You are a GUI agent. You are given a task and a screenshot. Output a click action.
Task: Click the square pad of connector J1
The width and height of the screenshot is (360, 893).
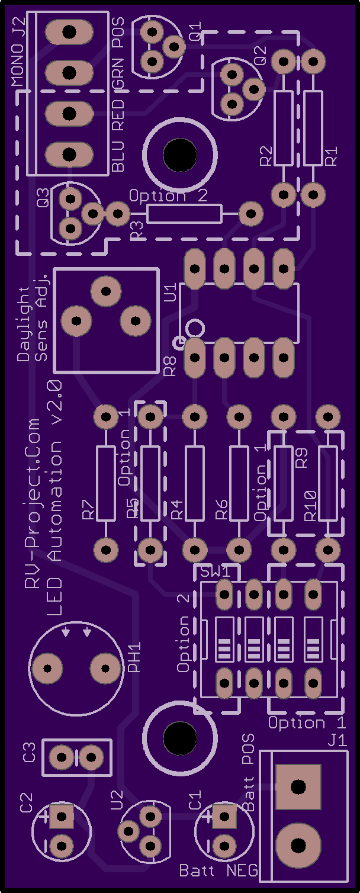click(x=298, y=786)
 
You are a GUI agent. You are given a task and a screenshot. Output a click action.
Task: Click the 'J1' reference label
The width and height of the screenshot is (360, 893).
click(x=337, y=741)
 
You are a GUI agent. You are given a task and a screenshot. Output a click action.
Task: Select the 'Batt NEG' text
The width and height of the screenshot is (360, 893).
click(x=218, y=870)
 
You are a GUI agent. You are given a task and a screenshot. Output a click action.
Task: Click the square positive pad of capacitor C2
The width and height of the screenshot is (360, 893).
click(x=62, y=817)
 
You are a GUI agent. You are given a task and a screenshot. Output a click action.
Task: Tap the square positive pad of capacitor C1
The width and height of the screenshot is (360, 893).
click(x=224, y=817)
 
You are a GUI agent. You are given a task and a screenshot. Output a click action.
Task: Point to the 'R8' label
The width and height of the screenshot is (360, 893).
click(x=171, y=367)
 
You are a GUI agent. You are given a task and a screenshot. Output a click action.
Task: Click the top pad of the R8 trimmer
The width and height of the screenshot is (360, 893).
click(x=106, y=291)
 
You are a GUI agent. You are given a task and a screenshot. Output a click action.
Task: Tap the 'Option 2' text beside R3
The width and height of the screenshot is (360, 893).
click(x=168, y=196)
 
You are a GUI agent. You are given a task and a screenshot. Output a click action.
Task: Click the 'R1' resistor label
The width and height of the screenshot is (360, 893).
click(x=332, y=156)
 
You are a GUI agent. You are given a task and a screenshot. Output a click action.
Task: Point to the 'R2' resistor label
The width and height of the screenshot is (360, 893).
click(x=266, y=156)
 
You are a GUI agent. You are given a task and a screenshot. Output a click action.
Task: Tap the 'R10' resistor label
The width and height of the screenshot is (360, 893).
click(x=310, y=506)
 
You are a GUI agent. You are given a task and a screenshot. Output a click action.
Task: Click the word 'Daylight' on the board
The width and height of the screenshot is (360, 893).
click(x=24, y=324)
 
